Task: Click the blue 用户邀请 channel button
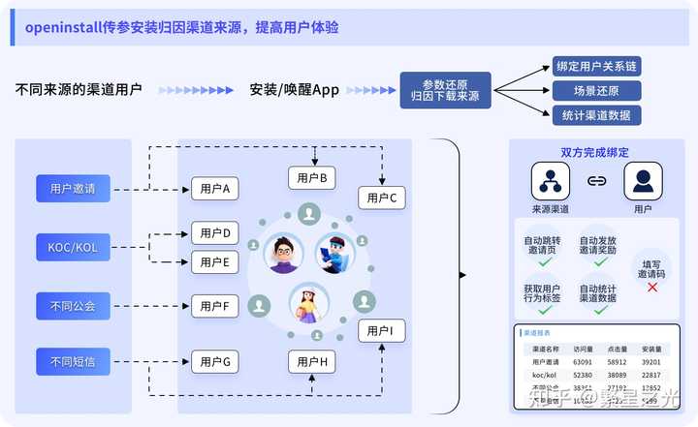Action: point(73,188)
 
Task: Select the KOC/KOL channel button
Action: point(73,247)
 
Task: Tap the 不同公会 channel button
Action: point(73,306)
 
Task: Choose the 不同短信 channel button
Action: point(73,362)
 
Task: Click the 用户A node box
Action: point(214,189)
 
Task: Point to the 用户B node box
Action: point(311,177)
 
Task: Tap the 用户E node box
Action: point(214,261)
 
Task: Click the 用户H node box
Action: point(311,363)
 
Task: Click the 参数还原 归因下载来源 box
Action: point(445,90)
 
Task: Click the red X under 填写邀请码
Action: point(651,288)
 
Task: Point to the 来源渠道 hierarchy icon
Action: point(550,180)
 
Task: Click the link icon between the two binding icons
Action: point(597,180)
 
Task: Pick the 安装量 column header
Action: point(651,349)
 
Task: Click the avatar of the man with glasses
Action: point(284,254)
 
